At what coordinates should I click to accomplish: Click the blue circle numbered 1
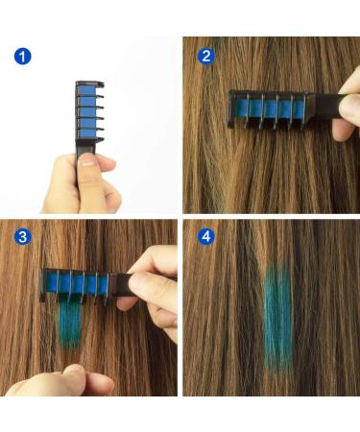pos(23,57)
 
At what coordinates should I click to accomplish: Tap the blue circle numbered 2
pos(206,57)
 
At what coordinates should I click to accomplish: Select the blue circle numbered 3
pos(23,237)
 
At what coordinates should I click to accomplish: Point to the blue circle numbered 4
pos(206,237)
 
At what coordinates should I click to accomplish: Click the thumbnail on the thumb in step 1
pos(86,159)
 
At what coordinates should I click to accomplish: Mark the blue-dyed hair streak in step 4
pos(278,319)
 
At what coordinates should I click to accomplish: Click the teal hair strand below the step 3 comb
pos(70,324)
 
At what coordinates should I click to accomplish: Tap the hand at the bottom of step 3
pos(60,381)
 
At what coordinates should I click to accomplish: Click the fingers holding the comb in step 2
pos(348,108)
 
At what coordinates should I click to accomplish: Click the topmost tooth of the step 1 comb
pos(100,84)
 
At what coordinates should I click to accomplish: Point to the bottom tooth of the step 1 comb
pos(100,139)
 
